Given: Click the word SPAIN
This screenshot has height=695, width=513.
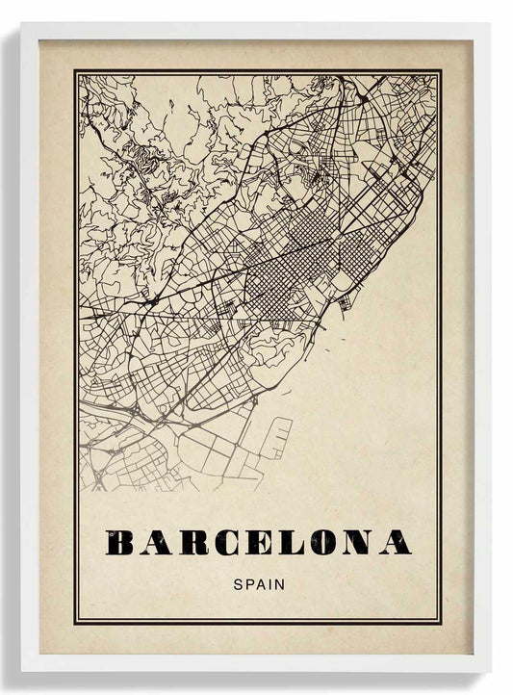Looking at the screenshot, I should (258, 582).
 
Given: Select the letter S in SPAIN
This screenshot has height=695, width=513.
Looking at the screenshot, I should (238, 582).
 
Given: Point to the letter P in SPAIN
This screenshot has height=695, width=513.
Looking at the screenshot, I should (248, 582).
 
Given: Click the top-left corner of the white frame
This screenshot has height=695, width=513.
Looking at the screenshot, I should (21, 25).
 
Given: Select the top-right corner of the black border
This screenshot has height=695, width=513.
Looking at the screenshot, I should (441, 71).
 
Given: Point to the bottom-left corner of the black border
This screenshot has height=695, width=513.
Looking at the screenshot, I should (75, 622).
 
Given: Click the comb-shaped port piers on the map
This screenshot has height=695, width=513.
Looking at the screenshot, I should (278, 438).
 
